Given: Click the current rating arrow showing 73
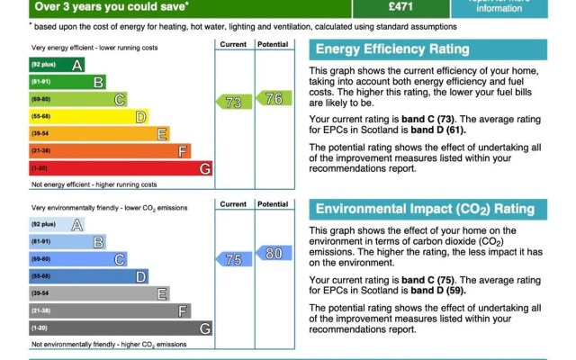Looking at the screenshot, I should tap(233, 103).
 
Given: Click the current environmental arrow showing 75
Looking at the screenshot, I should tap(233, 259).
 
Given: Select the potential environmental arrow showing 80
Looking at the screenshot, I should tap(274, 254).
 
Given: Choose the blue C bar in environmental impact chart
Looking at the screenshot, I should tap(77, 259).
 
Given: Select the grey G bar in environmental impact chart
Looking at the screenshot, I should tap(121, 328).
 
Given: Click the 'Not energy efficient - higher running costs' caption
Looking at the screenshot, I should tap(94, 184).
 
